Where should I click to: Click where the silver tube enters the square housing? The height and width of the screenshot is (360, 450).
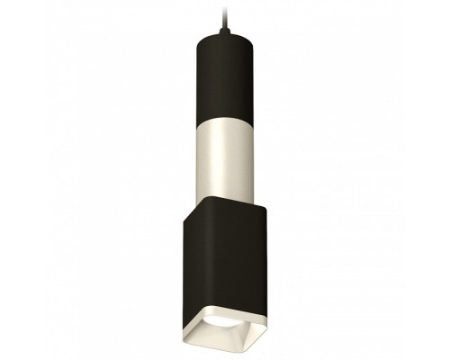[225, 191]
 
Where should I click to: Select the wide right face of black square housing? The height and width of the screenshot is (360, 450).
[238, 261]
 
